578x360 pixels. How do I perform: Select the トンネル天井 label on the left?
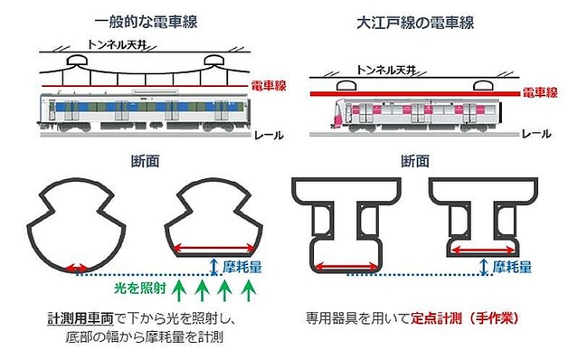[122, 43]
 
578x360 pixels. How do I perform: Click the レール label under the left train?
[270, 136]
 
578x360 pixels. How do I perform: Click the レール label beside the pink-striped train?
[538, 133]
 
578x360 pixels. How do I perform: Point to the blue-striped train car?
[145, 109]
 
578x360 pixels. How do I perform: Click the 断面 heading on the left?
[147, 163]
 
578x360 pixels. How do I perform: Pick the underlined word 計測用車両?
[81, 320]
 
